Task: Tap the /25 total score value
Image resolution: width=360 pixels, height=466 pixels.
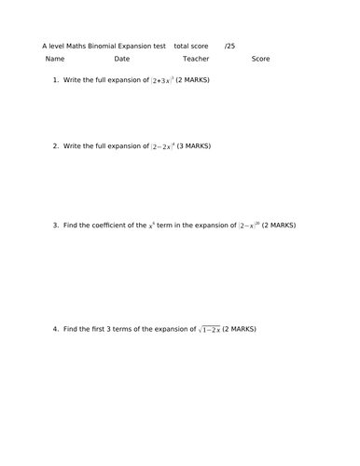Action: tap(229, 45)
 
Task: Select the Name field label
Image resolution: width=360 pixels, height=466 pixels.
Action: tap(55, 59)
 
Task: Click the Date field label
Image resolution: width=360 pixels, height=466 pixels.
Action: tap(122, 59)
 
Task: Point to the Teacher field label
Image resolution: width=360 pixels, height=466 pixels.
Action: tap(196, 59)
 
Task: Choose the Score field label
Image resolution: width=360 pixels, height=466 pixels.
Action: tap(260, 59)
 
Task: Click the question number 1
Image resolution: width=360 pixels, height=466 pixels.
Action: tap(56, 80)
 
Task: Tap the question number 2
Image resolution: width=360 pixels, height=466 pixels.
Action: tap(56, 146)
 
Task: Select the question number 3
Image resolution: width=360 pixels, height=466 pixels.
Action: tap(56, 225)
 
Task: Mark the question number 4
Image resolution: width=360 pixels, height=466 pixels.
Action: tap(56, 329)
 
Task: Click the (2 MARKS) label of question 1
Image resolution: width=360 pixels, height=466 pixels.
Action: tap(193, 80)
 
